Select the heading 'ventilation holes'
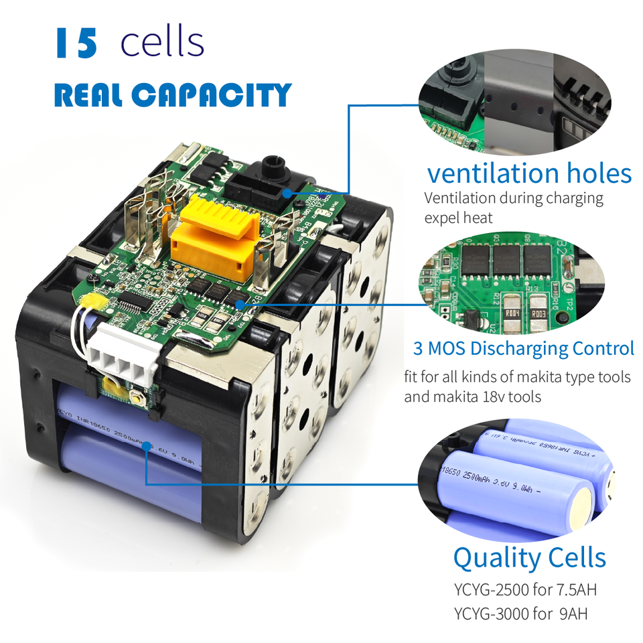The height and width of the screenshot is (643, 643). tap(529, 173)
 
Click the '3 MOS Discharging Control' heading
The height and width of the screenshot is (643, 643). tap(523, 348)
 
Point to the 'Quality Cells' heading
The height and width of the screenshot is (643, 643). tap(529, 557)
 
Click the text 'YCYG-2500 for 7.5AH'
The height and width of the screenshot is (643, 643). tap(524, 591)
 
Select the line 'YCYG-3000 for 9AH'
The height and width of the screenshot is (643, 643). tap(520, 614)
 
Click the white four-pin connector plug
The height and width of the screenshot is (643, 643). tap(129, 356)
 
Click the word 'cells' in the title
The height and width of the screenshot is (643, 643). tap(162, 42)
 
